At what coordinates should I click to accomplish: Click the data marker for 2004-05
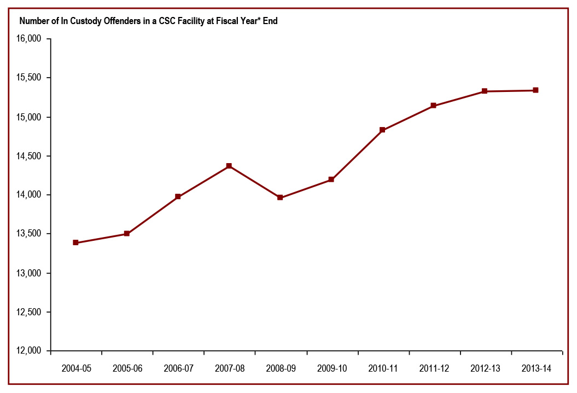pos(75,242)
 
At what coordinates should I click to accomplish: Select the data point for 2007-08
pos(229,166)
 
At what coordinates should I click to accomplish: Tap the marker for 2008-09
pos(280,198)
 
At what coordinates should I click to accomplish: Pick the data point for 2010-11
pos(382,130)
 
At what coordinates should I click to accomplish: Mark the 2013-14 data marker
pos(535,90)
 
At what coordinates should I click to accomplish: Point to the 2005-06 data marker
pos(127,234)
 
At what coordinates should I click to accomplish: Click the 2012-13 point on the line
pos(485,91)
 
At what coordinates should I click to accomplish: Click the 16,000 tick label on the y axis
pos(30,39)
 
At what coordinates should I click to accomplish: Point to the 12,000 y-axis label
pos(30,351)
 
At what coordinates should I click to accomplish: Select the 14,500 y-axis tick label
pos(30,156)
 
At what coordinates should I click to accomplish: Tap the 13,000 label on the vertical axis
pos(30,273)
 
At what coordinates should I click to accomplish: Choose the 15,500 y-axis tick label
pos(30,78)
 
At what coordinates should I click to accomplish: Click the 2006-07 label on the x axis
pos(178,368)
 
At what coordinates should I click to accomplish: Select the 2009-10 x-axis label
pos(331,368)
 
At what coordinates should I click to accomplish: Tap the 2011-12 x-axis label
pos(434,368)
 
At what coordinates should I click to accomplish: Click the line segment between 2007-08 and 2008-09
pos(255,182)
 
